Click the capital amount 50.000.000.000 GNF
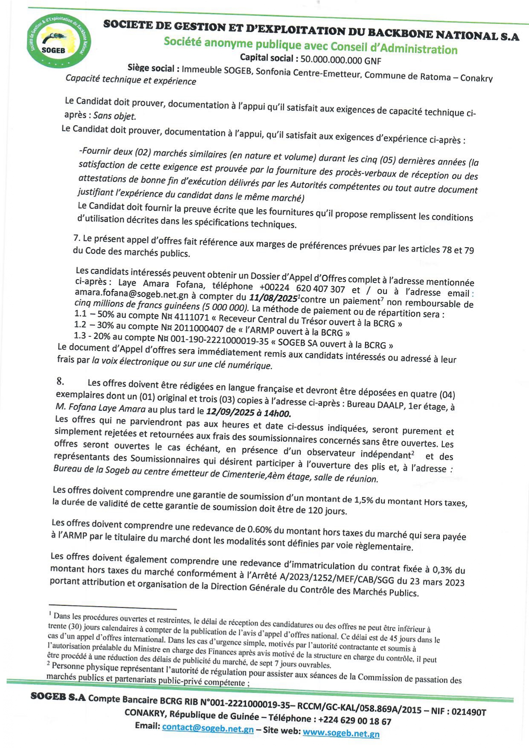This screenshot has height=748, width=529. point(340,60)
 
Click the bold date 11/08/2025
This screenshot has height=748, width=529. point(273,298)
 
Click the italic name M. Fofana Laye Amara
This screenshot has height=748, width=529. point(101,408)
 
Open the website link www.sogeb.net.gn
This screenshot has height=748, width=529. point(341,733)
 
